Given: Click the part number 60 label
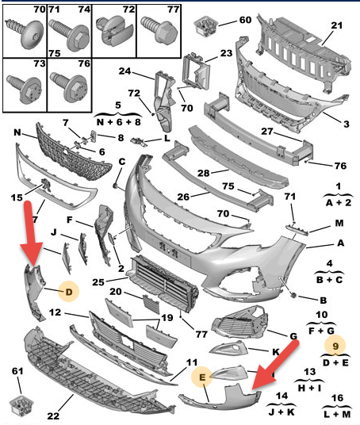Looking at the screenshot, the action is click(x=245, y=20).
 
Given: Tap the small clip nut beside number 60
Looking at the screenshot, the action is click(x=206, y=25).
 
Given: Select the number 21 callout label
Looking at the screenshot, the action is click(x=336, y=25).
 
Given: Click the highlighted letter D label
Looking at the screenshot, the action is click(x=69, y=292).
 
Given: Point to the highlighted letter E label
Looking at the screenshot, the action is click(x=202, y=377).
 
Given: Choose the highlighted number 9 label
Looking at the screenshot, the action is click(x=335, y=346).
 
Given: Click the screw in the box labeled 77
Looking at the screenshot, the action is click(x=159, y=29).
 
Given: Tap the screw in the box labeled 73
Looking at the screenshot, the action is click(x=24, y=89).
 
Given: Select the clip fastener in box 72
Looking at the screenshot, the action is click(x=115, y=31).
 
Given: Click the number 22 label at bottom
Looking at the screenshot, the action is click(x=53, y=415).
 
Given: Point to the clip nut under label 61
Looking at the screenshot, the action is click(x=21, y=405).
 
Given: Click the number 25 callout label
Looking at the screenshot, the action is click(x=98, y=282).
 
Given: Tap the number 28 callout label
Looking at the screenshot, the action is click(x=203, y=173).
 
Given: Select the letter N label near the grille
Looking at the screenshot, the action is click(x=17, y=132).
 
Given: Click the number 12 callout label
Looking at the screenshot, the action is click(x=55, y=312).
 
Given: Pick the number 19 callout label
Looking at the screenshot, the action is click(x=167, y=317).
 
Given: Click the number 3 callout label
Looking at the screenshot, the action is click(x=347, y=124).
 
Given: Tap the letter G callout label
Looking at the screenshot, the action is click(x=293, y=336).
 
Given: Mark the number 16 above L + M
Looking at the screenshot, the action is click(x=337, y=398).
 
